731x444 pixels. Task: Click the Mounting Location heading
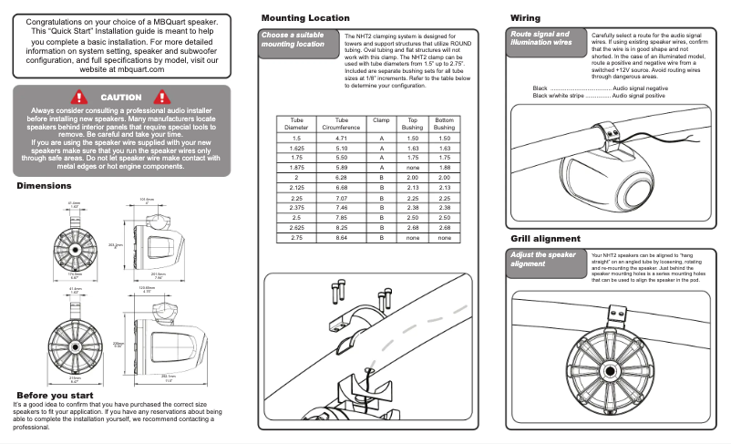(x=304, y=18)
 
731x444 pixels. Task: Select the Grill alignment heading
(x=545, y=239)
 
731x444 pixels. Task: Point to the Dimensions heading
(x=51, y=186)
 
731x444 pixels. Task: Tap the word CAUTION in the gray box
(x=120, y=97)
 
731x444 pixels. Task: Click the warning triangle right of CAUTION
(x=163, y=97)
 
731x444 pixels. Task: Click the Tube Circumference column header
(x=341, y=123)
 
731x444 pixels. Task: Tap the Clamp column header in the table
(x=380, y=119)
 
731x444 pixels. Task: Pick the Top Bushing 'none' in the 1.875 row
(x=412, y=168)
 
